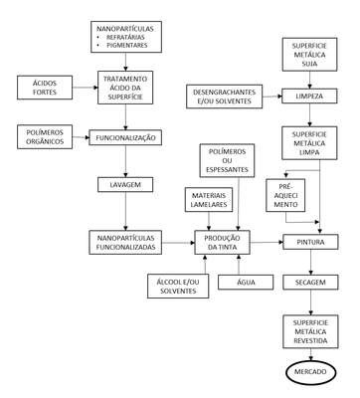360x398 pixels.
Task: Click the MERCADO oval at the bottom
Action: pos(310,372)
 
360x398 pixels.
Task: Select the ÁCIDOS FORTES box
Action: pos(45,88)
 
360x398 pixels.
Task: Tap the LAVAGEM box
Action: pos(125,185)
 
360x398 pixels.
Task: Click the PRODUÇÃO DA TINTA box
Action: pos(222,243)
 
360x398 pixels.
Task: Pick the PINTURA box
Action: pos(310,242)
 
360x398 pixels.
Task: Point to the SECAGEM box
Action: pos(310,283)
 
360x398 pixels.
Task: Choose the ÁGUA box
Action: pos(246,283)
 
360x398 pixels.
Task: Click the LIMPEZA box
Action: pos(309,97)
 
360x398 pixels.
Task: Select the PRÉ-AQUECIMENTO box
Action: pos(285,195)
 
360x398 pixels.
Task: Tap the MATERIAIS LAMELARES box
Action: pos(209,200)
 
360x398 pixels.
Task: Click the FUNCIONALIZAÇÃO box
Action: pos(125,137)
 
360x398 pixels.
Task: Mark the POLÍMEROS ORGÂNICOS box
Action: pos(45,137)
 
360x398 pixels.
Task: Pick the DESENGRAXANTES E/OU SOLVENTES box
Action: pos(224,97)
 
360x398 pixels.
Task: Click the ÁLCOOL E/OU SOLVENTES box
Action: pos(178,287)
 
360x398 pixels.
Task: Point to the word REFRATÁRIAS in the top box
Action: pos(125,37)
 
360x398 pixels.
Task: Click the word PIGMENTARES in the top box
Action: pos(127,45)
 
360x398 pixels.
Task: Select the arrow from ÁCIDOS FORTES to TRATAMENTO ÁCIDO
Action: pos(86,88)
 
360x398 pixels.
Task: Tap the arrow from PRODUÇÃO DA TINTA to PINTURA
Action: pos(267,243)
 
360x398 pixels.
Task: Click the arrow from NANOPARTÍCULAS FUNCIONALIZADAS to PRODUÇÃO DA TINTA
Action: pos(178,243)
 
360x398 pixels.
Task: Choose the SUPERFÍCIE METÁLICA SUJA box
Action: pos(309,55)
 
